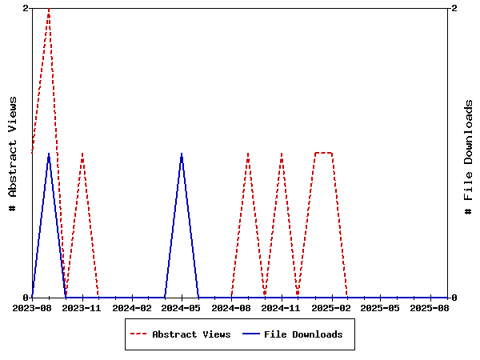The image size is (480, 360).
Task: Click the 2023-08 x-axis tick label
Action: [x=32, y=307]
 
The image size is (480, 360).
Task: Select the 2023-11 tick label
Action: [x=82, y=307]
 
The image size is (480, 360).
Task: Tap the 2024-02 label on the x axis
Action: [x=132, y=307]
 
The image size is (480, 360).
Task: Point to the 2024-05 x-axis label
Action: [x=182, y=307]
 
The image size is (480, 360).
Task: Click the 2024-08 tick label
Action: [x=232, y=307]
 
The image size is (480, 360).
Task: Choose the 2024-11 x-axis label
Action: [x=282, y=307]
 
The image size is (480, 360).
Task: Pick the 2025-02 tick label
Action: [x=331, y=307]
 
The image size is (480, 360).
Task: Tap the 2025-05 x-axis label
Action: [x=381, y=307]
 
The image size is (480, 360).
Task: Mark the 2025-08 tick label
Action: [x=430, y=307]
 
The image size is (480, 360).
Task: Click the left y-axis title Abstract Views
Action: [x=12, y=153]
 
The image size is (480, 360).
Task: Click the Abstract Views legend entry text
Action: [x=191, y=334]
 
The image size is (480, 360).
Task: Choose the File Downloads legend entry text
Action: [x=303, y=334]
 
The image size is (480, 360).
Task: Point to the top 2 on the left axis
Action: [x=26, y=8]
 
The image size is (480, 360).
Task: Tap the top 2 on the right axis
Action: [x=454, y=8]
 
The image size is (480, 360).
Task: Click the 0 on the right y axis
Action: [x=454, y=298]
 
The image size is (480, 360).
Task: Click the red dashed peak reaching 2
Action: [x=49, y=9]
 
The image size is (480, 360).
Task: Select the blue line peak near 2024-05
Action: [x=182, y=153]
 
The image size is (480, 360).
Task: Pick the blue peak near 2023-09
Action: [x=49, y=153]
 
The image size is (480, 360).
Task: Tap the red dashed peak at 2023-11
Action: [x=82, y=153]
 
